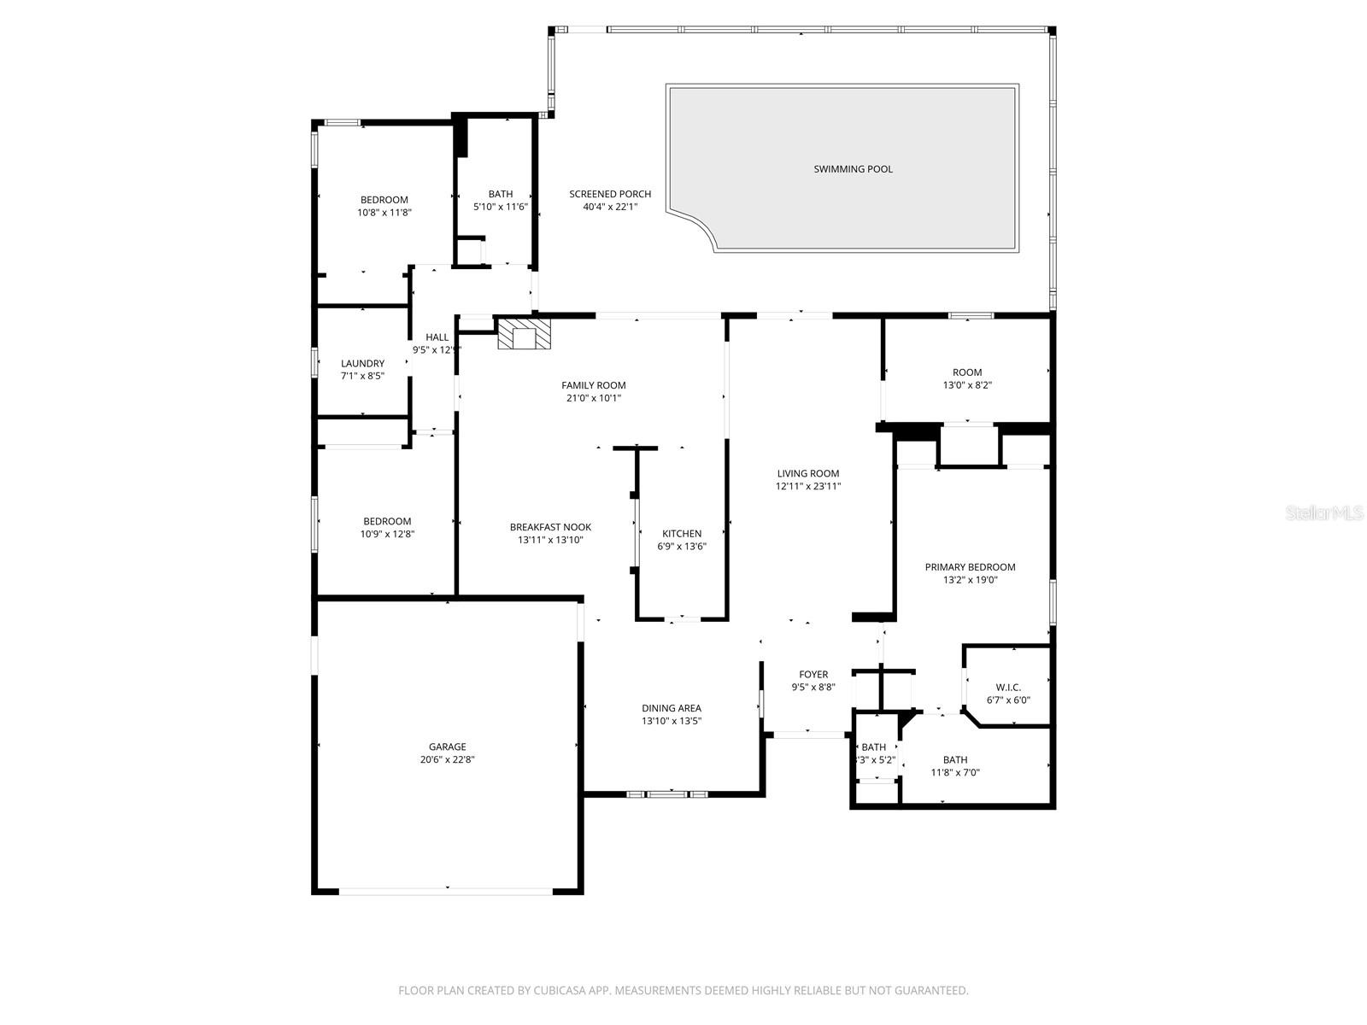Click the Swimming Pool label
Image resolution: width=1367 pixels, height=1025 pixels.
pos(853,169)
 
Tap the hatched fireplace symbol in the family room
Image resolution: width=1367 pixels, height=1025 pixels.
pos(524,335)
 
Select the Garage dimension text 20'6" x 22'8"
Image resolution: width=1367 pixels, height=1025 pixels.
pos(448,759)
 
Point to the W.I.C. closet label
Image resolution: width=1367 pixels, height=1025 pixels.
pos(1008,688)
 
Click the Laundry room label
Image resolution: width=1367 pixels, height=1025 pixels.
pos(362,363)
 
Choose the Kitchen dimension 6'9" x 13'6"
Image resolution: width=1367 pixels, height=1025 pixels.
pos(681,547)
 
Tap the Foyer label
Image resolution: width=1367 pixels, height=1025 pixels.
pos(813,675)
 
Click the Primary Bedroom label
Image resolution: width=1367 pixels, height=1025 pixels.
pos(970,567)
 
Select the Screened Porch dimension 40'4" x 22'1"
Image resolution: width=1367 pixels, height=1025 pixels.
pos(610,207)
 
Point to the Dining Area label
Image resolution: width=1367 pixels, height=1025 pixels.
pos(672,708)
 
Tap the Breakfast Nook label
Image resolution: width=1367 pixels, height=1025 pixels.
pos(550,527)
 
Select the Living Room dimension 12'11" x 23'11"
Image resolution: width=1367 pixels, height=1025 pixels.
pos(807,486)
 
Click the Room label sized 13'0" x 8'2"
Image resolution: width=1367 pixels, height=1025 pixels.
pos(967,372)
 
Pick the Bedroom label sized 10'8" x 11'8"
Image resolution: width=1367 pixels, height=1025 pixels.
pos(384,200)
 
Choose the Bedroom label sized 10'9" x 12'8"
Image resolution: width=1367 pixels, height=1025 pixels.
pos(387,521)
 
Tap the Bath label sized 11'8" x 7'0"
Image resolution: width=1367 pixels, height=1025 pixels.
pos(955,759)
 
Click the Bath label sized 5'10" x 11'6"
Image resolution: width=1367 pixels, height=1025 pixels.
pos(501,194)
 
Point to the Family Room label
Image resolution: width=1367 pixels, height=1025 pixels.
pos(593,385)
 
